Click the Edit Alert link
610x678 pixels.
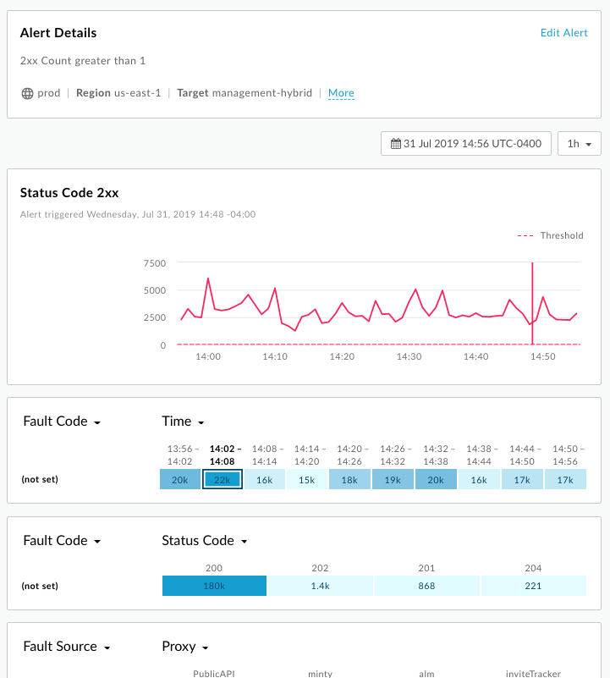point(563,33)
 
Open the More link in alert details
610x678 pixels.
point(341,93)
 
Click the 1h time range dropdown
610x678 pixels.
point(580,144)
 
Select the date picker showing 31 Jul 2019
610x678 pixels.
point(466,144)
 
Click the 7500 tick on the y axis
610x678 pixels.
point(155,263)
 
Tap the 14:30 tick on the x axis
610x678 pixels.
point(409,357)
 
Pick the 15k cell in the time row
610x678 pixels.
point(308,479)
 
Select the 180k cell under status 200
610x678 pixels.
point(214,586)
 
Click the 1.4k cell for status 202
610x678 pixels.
point(320,586)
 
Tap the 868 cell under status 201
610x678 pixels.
point(426,586)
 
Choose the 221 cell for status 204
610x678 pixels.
point(533,586)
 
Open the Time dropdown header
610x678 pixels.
point(183,422)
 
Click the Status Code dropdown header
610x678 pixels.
point(204,541)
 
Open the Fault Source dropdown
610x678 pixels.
point(67,647)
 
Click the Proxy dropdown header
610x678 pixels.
point(184,647)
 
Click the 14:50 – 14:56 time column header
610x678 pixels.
point(565,455)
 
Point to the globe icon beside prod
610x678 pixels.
point(27,93)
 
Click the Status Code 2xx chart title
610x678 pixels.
point(69,193)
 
